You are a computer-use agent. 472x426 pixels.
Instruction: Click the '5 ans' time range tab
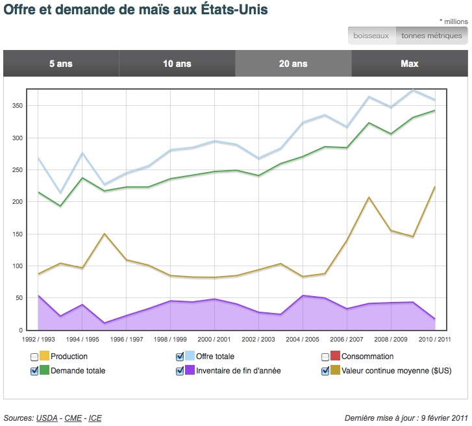pyautogui.click(x=61, y=64)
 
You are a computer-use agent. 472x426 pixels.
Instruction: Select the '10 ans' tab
pyautogui.click(x=177, y=64)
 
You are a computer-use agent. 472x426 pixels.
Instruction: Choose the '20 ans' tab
pyautogui.click(x=293, y=64)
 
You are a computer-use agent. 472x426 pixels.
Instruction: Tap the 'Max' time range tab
pyautogui.click(x=410, y=64)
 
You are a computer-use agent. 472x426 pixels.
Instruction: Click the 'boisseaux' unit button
pyautogui.click(x=371, y=36)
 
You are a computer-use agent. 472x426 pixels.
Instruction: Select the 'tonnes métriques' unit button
pyautogui.click(x=432, y=36)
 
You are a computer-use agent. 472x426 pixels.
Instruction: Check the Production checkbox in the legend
pyautogui.click(x=34, y=357)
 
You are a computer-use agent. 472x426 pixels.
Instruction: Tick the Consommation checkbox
pyautogui.click(x=326, y=357)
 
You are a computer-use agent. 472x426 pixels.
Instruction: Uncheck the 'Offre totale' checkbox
pyautogui.click(x=180, y=357)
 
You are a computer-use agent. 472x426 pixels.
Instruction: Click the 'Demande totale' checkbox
pyautogui.click(x=34, y=371)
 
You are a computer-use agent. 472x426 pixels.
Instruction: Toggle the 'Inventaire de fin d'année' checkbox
pyautogui.click(x=180, y=371)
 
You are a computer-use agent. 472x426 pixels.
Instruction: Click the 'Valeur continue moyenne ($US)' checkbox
pyautogui.click(x=326, y=371)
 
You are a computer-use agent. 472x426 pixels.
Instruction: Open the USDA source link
pyautogui.click(x=45, y=418)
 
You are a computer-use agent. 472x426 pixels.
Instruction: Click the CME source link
pyautogui.click(x=73, y=418)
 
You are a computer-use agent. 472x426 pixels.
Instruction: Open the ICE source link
pyautogui.click(x=95, y=418)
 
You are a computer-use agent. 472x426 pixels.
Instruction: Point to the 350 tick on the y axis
pyautogui.click(x=16, y=106)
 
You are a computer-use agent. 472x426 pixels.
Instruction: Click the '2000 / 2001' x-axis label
pyautogui.click(x=214, y=339)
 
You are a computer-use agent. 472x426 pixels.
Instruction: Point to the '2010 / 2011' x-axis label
pyautogui.click(x=435, y=339)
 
